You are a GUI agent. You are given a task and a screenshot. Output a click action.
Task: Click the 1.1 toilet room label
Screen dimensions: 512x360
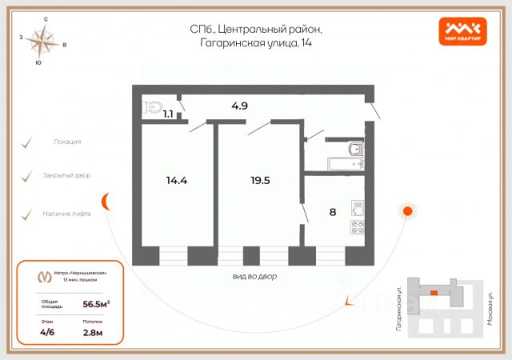pyautogui.click(x=168, y=114)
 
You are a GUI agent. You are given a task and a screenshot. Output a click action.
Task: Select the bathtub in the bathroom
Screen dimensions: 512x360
pyautogui.click(x=346, y=163)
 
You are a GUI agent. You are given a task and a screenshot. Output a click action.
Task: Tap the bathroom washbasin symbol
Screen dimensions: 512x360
pyautogui.click(x=355, y=148)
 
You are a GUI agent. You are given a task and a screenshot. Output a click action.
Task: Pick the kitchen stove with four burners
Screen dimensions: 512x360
pyautogui.click(x=357, y=227)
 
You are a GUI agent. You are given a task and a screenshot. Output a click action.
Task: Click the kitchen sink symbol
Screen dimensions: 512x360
pyautogui.click(x=358, y=208)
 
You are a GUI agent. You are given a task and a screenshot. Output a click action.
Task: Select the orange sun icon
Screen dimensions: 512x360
pyautogui.click(x=407, y=211)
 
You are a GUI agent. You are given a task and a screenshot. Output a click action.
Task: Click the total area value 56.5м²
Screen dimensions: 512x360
pyautogui.click(x=97, y=304)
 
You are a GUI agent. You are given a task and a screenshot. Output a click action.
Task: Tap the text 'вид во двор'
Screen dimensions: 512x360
pyautogui.click(x=256, y=275)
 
